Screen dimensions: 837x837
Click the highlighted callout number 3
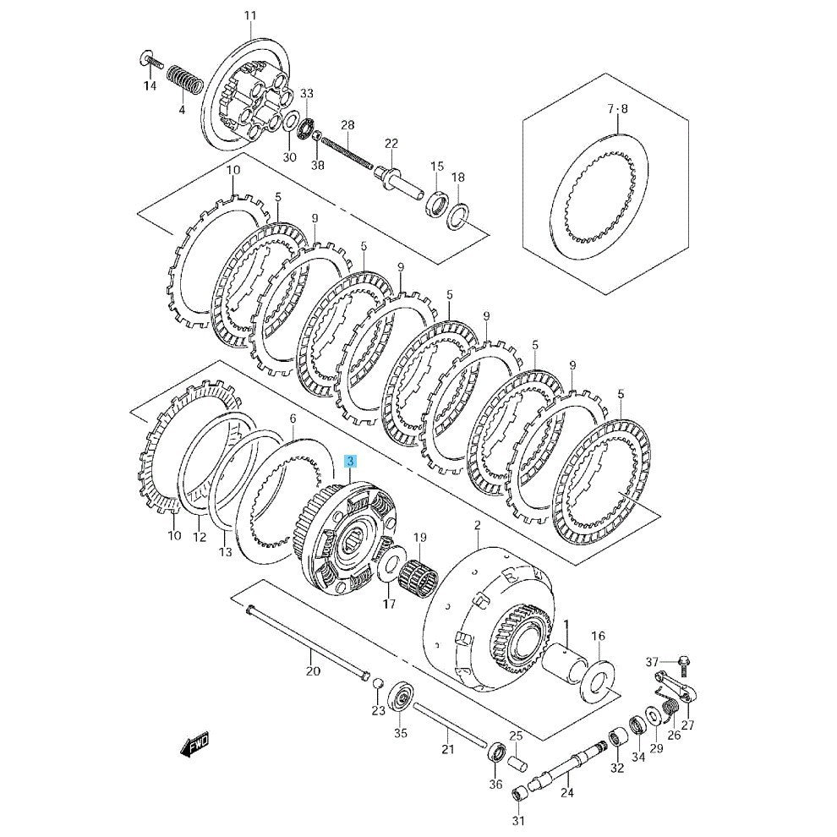[350, 462]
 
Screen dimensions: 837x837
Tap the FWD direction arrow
[194, 744]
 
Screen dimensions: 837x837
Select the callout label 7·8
[618, 109]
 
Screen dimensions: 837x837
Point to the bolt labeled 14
[151, 60]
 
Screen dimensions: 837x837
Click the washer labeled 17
[389, 566]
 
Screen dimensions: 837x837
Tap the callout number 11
[250, 15]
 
